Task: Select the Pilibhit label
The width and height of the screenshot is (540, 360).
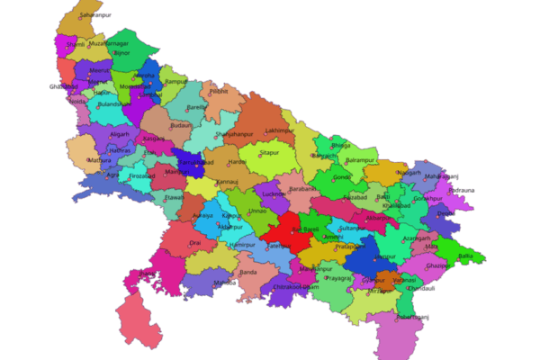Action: (220, 92)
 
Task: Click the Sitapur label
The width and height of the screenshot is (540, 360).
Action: (269, 154)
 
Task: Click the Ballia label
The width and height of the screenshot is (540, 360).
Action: (465, 256)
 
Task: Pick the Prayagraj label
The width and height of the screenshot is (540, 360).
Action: (338, 278)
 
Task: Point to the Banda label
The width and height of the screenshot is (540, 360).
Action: (248, 272)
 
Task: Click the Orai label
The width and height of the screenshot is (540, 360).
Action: (195, 243)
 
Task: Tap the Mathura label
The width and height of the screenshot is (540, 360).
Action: (100, 162)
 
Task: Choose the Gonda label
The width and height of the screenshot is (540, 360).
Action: (343, 178)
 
